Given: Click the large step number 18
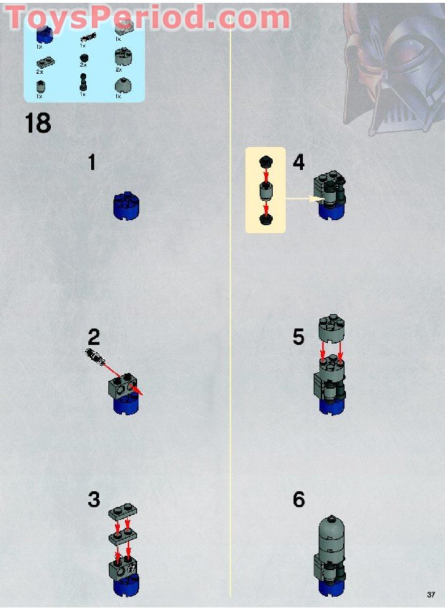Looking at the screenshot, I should click(38, 123).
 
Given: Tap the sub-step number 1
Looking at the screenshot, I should click(92, 163).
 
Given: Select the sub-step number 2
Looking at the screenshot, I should click(94, 337).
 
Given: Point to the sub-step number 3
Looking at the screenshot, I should click(94, 500).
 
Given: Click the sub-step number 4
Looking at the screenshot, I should click(299, 163).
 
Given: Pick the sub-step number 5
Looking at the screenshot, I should click(299, 337).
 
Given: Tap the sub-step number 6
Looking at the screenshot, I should click(299, 500).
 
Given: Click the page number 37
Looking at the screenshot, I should click(431, 595).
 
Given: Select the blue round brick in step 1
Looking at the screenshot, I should click(127, 206).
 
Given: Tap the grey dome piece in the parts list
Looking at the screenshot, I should click(123, 86).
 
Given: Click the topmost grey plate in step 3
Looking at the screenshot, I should click(122, 513).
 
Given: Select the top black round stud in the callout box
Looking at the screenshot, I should click(266, 162).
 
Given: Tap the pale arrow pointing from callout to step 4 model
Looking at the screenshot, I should click(301, 199).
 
